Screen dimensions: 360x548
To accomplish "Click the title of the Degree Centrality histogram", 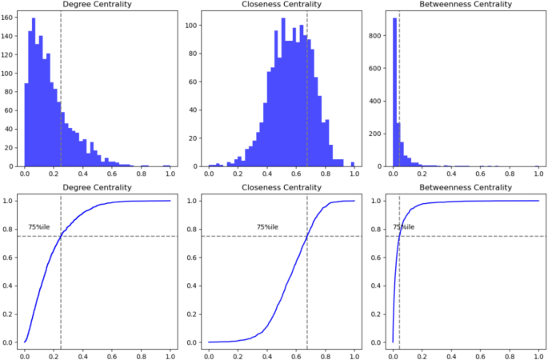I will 98,5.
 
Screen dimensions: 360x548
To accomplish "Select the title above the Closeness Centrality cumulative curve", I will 281,187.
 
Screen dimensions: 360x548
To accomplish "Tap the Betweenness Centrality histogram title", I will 464,5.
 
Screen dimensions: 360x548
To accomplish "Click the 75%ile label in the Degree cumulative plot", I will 39,227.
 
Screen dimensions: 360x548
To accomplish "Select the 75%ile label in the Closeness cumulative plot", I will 267,227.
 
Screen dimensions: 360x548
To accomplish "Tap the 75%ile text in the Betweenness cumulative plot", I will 403,227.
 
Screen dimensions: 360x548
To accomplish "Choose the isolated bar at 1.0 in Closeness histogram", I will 353,164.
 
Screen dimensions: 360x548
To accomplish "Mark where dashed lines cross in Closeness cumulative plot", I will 307,236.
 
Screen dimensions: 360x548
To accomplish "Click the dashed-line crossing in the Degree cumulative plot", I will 61,236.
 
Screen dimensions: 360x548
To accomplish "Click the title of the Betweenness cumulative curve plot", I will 464,187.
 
